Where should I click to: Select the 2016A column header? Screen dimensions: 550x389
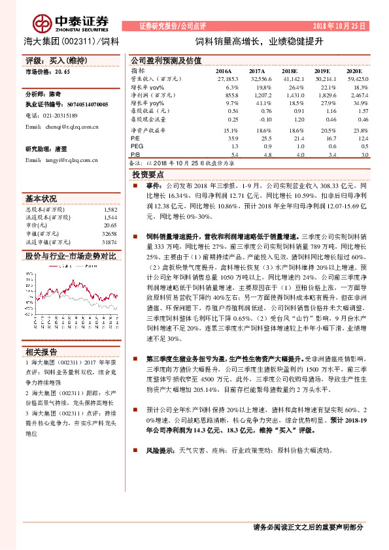[224, 70]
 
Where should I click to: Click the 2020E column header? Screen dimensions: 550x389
[354, 70]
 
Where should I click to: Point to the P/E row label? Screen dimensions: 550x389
[135, 138]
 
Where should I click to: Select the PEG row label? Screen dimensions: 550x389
[137, 146]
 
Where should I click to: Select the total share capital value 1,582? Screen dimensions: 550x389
[110, 210]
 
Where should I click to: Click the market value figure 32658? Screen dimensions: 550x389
[109, 233]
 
